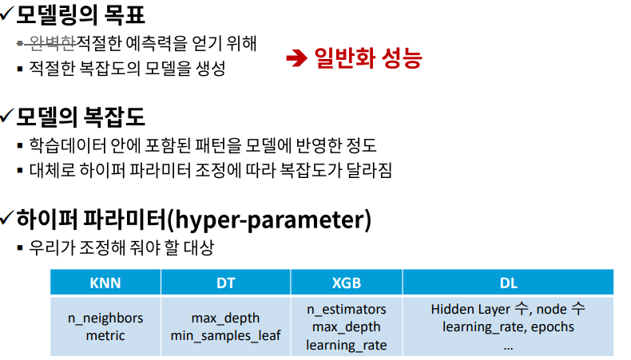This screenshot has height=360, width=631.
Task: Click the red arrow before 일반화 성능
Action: [x=296, y=59]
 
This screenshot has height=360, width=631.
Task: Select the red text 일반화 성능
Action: [x=367, y=58]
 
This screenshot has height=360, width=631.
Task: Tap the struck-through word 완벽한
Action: [x=52, y=43]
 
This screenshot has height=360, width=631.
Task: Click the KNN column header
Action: [x=105, y=283]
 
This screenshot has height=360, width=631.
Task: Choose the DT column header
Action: [x=226, y=283]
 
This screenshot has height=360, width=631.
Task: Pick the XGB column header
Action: [x=347, y=283]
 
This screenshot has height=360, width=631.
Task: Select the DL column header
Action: [x=509, y=283]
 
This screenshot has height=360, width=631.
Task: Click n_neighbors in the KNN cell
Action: [x=105, y=318]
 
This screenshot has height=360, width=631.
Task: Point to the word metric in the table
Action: [x=105, y=335]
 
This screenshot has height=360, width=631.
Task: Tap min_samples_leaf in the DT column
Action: [x=225, y=336]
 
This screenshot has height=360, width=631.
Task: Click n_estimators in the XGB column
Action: [x=347, y=310]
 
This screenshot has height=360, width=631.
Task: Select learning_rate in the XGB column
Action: [x=347, y=345]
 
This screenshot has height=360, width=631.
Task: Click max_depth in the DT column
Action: [x=225, y=318]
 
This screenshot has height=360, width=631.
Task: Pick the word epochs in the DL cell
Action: [x=553, y=327]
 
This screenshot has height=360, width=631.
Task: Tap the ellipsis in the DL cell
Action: [x=508, y=348]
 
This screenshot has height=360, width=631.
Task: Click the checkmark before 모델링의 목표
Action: [x=8, y=14]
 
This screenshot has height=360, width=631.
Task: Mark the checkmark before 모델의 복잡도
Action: [x=8, y=116]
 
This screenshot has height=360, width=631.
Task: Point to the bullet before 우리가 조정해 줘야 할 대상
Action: [x=20, y=247]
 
